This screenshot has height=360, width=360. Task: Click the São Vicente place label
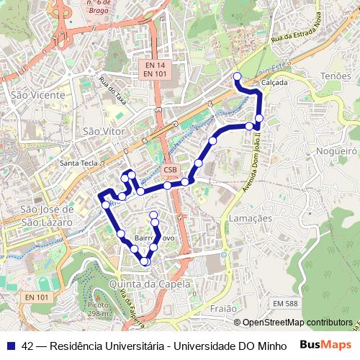[x=37, y=95]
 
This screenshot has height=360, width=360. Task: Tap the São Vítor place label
[x=104, y=132]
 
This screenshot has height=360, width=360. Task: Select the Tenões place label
[x=336, y=76]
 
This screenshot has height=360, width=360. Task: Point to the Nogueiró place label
[x=336, y=151]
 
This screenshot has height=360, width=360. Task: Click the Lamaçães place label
[x=250, y=218]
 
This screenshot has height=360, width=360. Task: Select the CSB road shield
[x=170, y=170]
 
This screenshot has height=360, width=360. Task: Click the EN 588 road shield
[x=285, y=304]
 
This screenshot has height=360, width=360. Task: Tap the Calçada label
[x=274, y=83]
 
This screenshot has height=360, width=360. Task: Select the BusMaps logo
[x=326, y=345]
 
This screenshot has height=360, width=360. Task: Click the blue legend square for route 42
[x=10, y=346]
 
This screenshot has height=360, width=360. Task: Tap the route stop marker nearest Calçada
[x=237, y=76]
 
